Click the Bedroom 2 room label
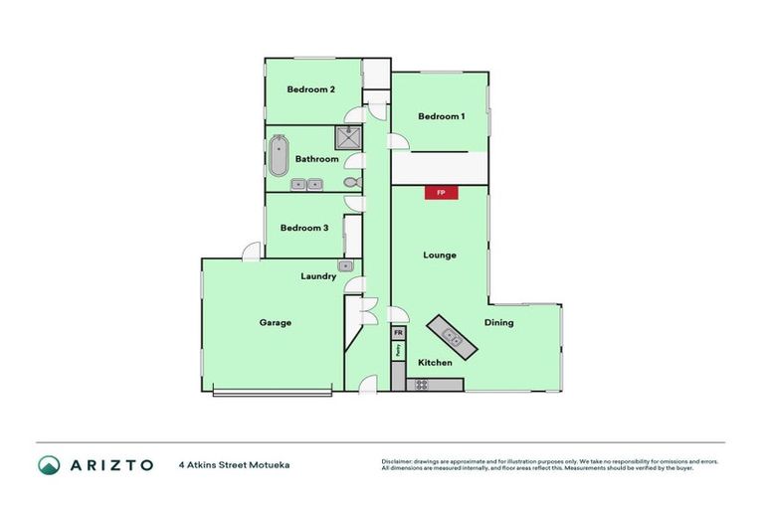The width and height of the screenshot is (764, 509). click(310, 89)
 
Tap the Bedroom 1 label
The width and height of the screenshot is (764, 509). click(441, 116)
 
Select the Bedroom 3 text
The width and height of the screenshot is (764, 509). click(303, 228)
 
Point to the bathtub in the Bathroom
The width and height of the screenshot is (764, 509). click(279, 156)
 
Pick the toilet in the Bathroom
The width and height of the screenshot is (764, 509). click(350, 183)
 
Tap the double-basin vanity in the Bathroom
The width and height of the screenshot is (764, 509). click(305, 184)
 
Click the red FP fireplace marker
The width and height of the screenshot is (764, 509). click(441, 193)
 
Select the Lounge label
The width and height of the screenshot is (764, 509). click(439, 255)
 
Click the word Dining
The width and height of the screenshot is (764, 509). click(498, 323)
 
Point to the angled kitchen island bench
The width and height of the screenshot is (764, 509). click(452, 338)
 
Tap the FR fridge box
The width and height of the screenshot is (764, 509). click(398, 333)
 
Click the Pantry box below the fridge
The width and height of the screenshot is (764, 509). click(398, 350)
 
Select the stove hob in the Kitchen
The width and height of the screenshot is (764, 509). click(422, 384)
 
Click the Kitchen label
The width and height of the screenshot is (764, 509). click(435, 363)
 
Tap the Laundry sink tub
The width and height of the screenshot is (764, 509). click(346, 265)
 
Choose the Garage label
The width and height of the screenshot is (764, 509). click(276, 322)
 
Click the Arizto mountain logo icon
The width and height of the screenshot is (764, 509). click(50, 464)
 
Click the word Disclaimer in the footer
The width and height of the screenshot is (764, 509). click(399, 461)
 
